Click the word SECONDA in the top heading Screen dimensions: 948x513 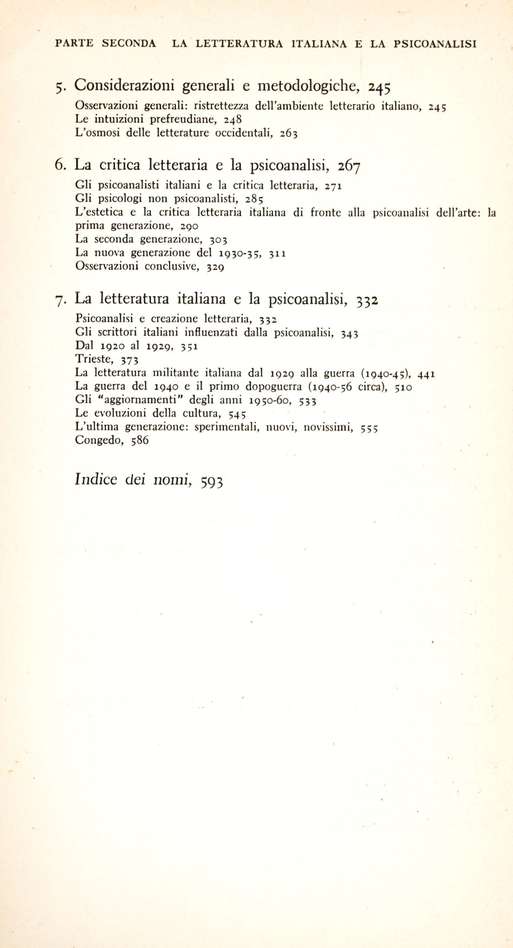(129, 44)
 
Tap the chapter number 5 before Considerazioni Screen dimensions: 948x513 (59, 87)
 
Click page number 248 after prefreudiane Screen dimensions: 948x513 (233, 120)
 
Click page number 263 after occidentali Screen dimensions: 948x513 (289, 134)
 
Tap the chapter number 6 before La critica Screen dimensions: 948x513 (60, 165)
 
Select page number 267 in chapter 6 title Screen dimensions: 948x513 (349, 166)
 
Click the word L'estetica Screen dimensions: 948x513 (99, 212)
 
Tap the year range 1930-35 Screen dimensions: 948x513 (241, 253)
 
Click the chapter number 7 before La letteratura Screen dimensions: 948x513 (61, 300)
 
